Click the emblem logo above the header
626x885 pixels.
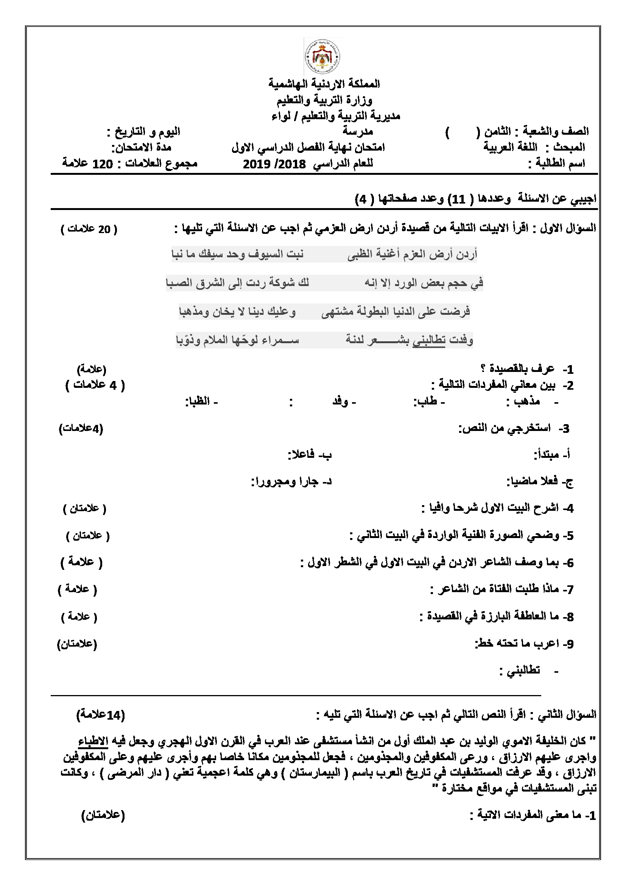322,58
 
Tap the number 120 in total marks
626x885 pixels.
103,164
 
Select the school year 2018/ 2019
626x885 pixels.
274,164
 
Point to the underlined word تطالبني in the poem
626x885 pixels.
429,341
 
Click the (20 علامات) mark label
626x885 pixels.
89,229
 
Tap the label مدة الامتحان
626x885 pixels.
142,148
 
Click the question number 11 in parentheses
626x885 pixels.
458,199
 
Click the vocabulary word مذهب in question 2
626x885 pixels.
526,402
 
